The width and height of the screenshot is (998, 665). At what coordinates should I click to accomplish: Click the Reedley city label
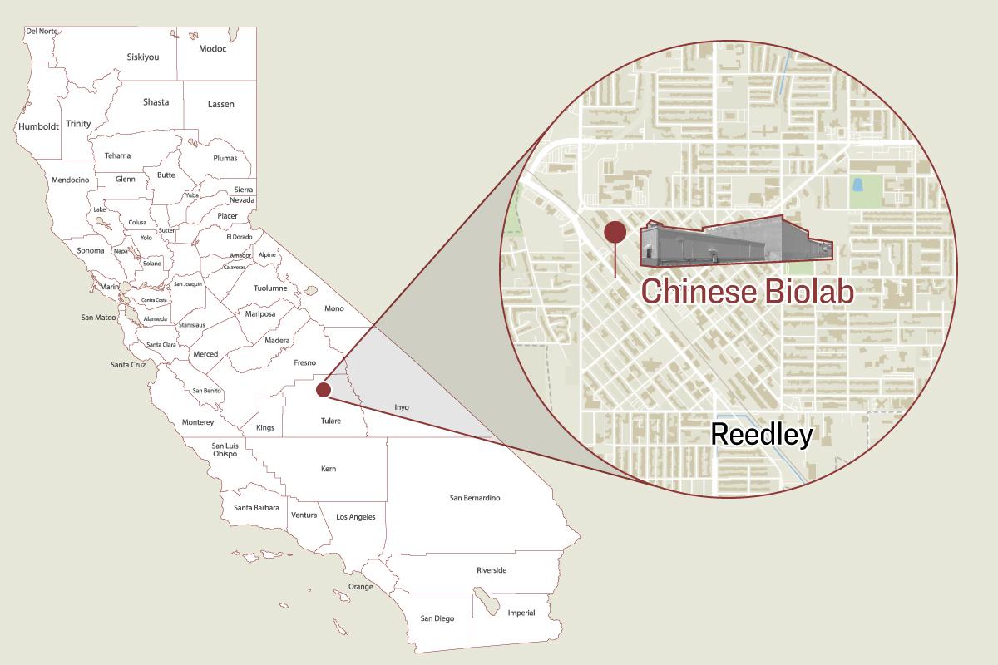[761, 434]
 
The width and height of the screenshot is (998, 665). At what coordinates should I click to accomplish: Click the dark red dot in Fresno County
[324, 389]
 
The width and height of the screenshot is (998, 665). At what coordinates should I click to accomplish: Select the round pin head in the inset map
[615, 232]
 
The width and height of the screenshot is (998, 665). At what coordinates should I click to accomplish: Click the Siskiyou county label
[142, 57]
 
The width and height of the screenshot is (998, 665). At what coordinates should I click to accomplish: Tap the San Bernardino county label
[474, 498]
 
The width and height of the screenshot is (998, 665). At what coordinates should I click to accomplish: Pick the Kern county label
[329, 469]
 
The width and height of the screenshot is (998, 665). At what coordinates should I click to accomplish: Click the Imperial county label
[521, 613]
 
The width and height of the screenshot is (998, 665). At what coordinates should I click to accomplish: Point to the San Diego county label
[437, 618]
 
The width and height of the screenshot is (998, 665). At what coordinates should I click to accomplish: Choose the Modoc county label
[213, 48]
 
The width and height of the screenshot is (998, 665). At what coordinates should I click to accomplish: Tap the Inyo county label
[401, 407]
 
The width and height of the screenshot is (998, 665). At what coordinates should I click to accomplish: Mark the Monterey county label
[198, 422]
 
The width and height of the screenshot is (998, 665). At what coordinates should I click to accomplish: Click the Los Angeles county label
[355, 517]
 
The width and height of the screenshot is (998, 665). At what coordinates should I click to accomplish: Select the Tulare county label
[330, 421]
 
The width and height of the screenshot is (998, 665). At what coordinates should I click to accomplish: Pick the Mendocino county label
[70, 180]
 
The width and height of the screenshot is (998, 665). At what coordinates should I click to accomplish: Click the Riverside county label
[491, 570]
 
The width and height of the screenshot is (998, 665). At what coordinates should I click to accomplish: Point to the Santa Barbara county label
[255, 507]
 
